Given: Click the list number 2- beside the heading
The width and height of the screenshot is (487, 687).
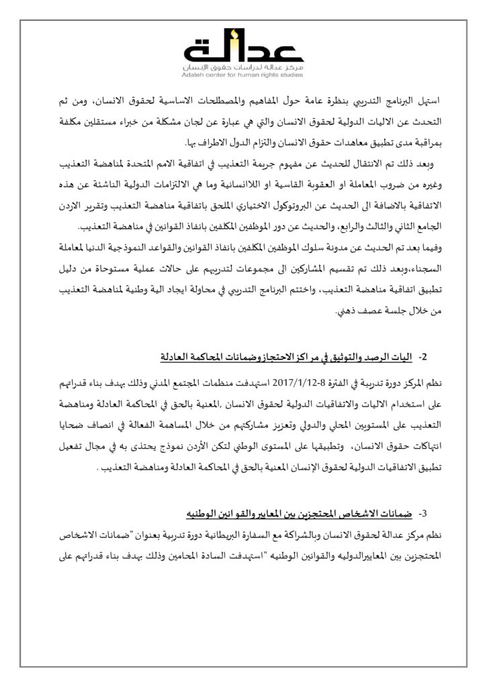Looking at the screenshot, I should (423, 355).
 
